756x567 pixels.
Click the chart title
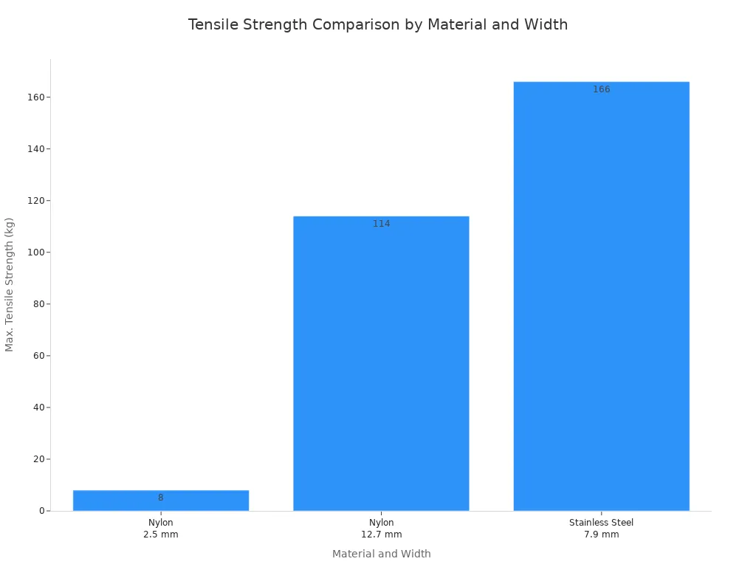pos(378,24)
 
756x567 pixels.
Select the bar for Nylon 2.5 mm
pos(161,501)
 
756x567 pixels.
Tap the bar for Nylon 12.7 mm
pos(381,363)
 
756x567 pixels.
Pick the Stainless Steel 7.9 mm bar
pos(601,296)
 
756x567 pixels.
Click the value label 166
pos(601,89)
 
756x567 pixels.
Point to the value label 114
pos(381,224)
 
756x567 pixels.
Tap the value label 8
pos(161,498)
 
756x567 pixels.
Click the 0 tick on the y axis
pos(41,511)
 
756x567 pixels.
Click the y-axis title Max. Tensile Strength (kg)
pos(10,284)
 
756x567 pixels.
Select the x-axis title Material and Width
pos(381,554)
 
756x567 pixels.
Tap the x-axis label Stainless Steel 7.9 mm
pos(601,529)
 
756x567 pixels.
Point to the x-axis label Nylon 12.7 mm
pos(381,529)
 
